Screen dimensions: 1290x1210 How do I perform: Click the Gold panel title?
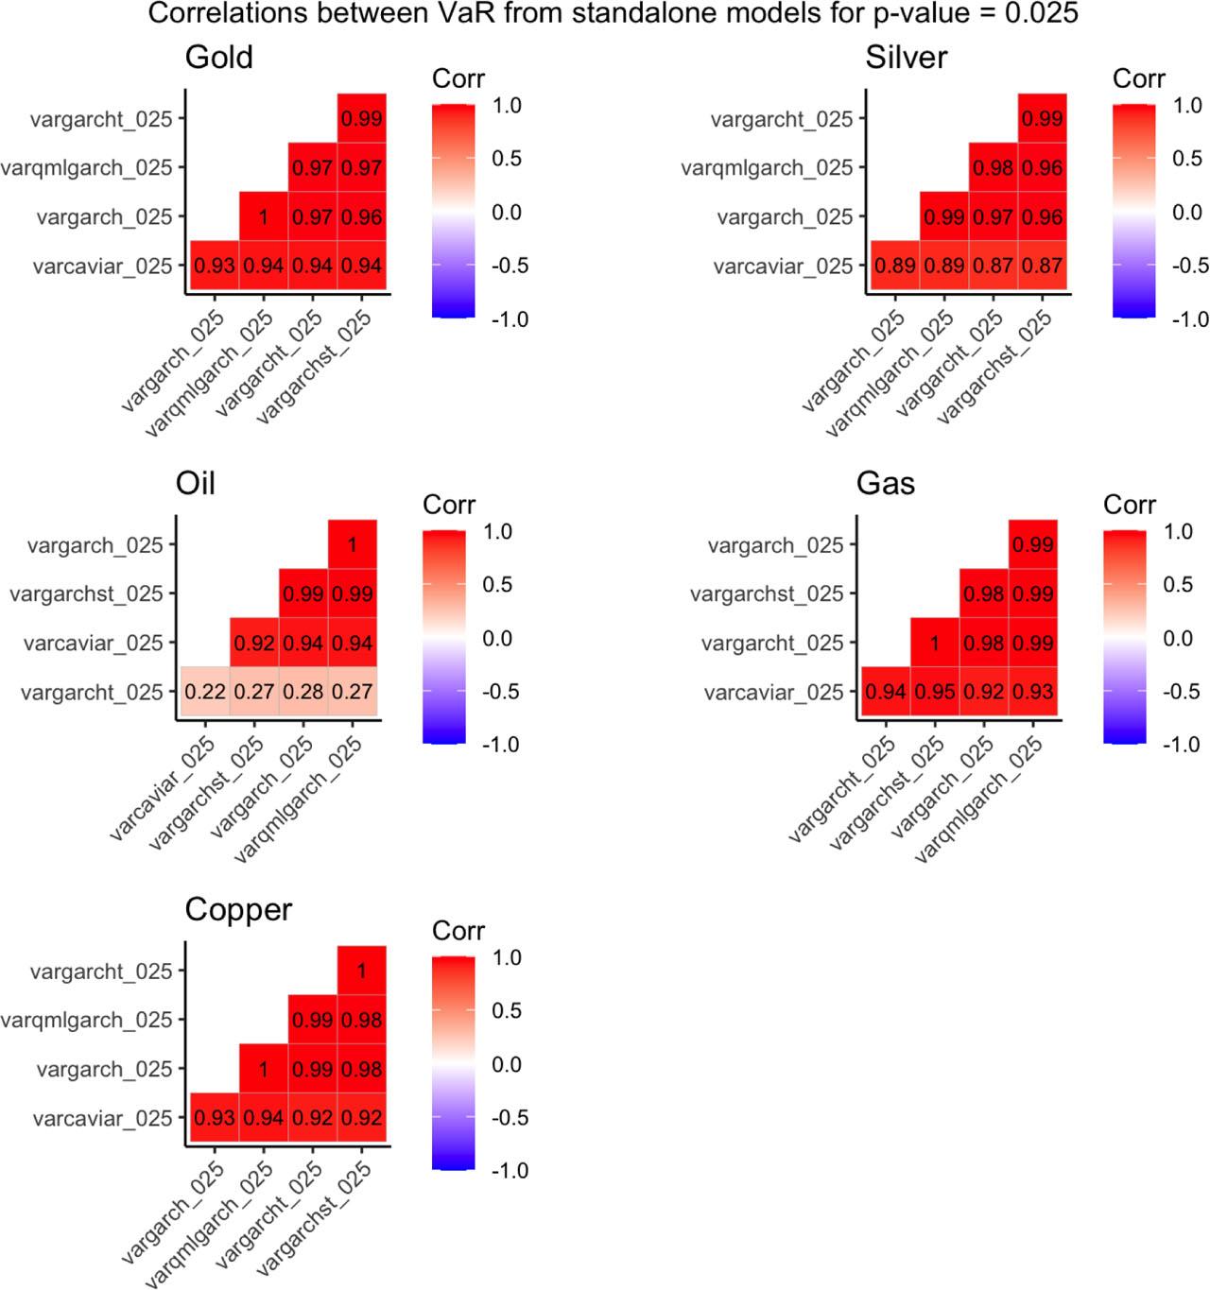218,58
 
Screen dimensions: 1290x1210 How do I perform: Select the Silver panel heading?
906,58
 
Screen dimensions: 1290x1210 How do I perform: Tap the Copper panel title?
238,909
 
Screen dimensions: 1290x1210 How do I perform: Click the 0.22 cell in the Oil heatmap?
205,692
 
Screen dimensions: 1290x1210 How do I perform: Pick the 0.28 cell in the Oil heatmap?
303,692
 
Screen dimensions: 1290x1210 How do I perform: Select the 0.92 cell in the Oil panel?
254,643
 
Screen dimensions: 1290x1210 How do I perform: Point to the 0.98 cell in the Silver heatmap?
993,168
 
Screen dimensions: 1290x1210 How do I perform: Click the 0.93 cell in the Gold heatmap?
215,267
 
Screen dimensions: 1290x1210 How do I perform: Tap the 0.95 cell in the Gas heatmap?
935,692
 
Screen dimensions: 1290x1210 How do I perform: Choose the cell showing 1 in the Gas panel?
935,643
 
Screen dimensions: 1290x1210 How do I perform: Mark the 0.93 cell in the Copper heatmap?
215,1118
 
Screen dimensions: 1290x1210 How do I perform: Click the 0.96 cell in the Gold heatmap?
361,217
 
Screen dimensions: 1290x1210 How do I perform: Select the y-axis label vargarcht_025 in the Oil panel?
92,693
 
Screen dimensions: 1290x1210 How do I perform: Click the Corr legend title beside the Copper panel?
458,931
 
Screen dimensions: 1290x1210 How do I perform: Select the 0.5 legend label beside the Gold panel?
507,159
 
